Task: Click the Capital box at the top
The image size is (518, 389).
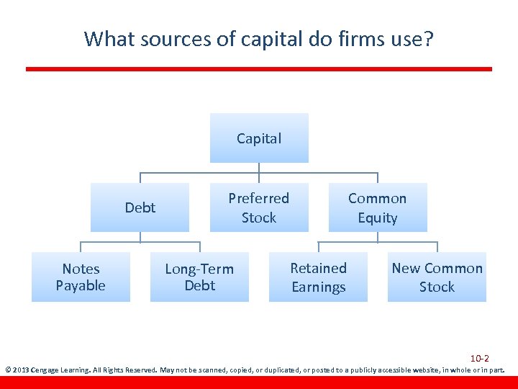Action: click(259, 138)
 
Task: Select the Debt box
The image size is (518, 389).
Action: click(140, 207)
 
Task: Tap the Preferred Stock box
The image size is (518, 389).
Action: click(259, 207)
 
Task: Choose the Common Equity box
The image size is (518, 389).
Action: click(378, 207)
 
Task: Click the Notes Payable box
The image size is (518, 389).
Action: click(81, 277)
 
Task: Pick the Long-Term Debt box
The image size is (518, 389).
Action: click(199, 277)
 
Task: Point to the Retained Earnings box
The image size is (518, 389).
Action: click(319, 277)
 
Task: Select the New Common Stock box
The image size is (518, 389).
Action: click(437, 277)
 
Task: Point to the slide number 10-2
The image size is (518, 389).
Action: click(480, 358)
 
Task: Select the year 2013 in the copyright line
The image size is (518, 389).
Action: click(19, 370)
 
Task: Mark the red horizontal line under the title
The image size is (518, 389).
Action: click(259, 69)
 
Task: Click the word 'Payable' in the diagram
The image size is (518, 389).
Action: click(81, 285)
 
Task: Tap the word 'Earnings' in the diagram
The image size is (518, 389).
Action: click(319, 287)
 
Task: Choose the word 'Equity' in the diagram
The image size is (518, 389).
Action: click(378, 218)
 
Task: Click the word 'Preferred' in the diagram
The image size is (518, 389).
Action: click(259, 198)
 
